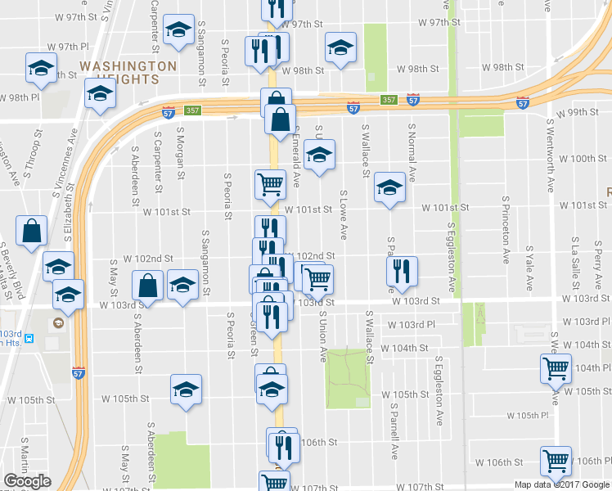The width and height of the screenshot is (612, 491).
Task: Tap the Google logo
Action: click(27, 481)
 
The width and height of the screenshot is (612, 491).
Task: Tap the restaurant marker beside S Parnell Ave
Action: click(401, 271)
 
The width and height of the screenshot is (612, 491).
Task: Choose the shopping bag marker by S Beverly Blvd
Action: click(30, 232)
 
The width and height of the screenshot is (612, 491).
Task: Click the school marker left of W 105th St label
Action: click(187, 389)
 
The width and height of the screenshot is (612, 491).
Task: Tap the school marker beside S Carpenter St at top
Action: click(177, 30)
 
